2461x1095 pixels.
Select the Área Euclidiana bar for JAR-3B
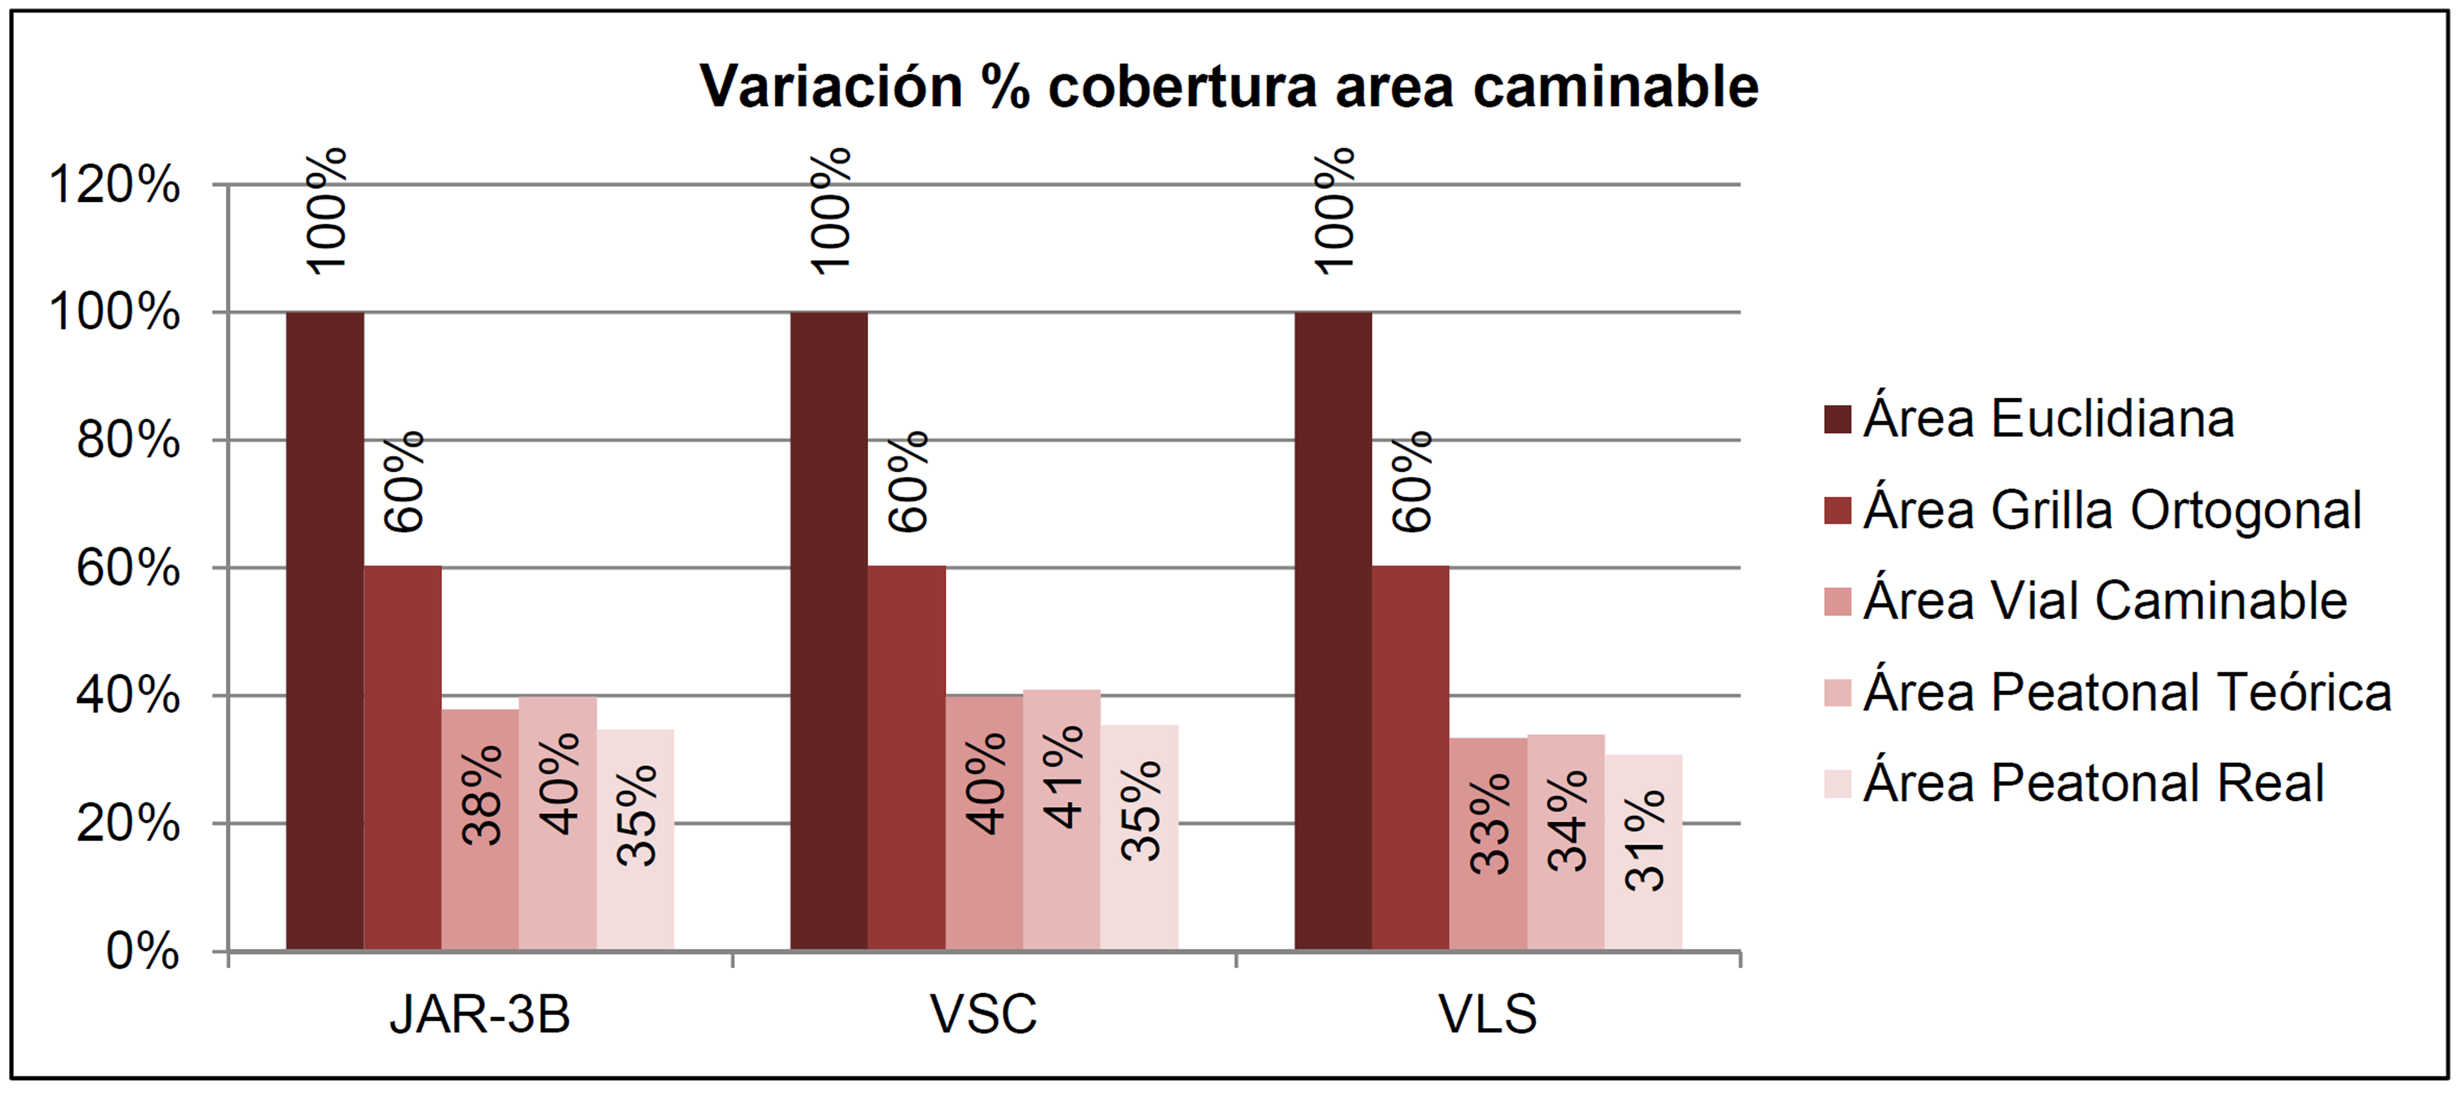(325, 631)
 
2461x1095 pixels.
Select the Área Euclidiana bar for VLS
(1333, 631)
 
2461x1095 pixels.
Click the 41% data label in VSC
(1063, 776)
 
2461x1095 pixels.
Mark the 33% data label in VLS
(1490, 824)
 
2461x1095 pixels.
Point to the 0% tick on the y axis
(142, 951)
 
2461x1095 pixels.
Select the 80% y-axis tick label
(128, 441)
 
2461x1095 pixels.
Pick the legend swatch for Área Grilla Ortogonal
(1837, 510)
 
